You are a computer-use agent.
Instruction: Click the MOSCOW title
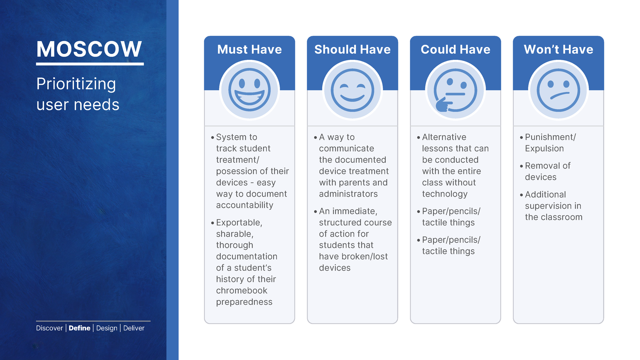coord(89,49)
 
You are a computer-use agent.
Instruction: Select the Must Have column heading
coord(250,49)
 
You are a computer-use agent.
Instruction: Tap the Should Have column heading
coord(353,49)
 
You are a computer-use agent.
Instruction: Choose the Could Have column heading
coord(455,49)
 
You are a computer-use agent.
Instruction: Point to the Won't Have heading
coord(558,49)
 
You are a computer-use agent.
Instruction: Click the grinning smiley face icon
coord(250,90)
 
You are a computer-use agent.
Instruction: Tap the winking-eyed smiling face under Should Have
coord(353,90)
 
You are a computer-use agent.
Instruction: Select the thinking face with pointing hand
coord(455,90)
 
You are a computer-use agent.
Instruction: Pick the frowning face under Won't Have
coord(558,90)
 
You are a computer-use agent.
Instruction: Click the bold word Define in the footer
coord(80,328)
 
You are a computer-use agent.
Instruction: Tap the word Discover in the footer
coord(49,328)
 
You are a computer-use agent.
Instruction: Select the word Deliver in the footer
coord(134,328)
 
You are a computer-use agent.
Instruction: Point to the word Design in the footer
coord(107,328)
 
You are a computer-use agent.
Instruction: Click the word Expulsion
coord(544,149)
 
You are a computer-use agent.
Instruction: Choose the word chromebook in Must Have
coord(242,291)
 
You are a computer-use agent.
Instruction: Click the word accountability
coord(245,205)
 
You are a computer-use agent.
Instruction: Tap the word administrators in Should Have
coord(348,194)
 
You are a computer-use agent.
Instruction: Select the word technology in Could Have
coord(445,194)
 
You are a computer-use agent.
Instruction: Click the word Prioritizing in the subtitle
coord(76,84)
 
